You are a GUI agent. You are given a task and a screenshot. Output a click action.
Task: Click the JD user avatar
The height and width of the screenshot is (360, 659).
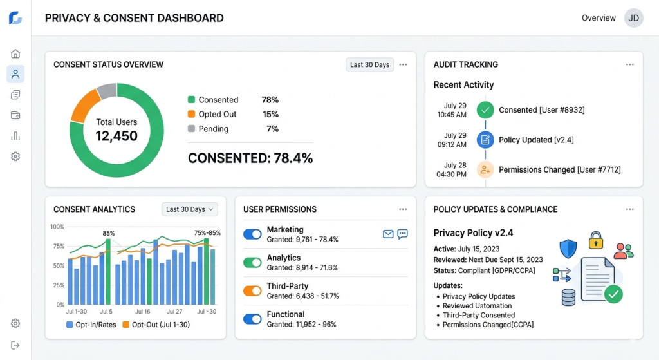(634, 18)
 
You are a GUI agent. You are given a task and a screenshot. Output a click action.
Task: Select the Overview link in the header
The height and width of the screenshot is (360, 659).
(599, 18)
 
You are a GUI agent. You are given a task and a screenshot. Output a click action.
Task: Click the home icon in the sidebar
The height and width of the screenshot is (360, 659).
(15, 53)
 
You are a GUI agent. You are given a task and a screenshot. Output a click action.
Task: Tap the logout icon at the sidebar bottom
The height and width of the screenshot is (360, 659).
(15, 345)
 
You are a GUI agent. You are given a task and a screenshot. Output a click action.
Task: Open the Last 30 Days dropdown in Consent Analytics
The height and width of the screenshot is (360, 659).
(190, 209)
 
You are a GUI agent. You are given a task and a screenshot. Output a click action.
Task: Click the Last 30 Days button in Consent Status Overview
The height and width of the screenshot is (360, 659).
(369, 64)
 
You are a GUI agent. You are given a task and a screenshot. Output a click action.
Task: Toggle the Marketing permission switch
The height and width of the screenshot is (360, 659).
(252, 234)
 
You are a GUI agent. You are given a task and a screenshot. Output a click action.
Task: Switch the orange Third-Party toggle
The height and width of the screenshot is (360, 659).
(252, 290)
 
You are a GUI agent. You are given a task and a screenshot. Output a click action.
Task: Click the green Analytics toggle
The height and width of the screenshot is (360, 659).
(252, 263)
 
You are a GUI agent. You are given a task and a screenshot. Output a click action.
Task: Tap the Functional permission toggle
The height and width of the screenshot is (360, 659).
(252, 319)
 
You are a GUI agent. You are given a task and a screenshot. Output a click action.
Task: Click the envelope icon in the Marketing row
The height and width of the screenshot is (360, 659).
(388, 234)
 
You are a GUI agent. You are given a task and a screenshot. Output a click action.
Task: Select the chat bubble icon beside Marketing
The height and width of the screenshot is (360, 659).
(403, 234)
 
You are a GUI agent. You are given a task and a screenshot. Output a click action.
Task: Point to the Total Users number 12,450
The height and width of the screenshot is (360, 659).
(116, 136)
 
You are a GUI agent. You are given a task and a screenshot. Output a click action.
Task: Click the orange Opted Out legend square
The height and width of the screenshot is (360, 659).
(191, 115)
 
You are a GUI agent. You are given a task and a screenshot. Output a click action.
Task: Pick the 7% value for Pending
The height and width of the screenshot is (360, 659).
(272, 129)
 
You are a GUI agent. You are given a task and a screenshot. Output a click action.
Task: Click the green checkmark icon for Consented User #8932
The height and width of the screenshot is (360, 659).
(485, 110)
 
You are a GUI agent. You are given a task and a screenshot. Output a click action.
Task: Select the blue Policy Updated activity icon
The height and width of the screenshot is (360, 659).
(485, 140)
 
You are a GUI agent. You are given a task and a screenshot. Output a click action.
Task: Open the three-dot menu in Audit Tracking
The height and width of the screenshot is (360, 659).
(629, 64)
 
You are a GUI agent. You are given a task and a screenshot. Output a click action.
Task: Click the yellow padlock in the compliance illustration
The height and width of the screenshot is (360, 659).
(596, 241)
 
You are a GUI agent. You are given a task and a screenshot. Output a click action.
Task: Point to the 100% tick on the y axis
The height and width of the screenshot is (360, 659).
(57, 227)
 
